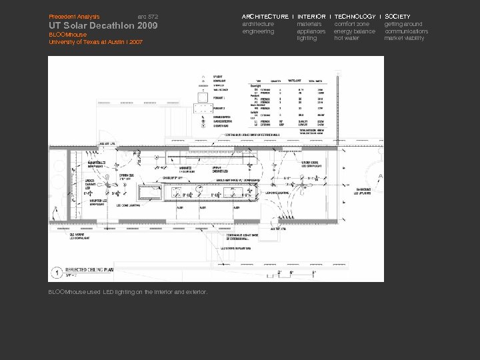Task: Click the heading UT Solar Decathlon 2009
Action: click(x=103, y=26)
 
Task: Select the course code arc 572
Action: click(x=148, y=16)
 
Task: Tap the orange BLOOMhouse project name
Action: click(x=67, y=35)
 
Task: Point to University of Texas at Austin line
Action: click(x=96, y=42)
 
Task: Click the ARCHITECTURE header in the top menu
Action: click(x=265, y=16)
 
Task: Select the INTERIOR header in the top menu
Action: click(x=311, y=16)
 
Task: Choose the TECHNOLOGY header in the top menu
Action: click(x=355, y=16)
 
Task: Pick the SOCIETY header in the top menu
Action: click(x=398, y=16)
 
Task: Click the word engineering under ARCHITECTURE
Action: click(x=258, y=31)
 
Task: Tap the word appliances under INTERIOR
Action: click(x=311, y=31)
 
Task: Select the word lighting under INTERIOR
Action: click(x=307, y=39)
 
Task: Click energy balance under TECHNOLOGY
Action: click(x=355, y=31)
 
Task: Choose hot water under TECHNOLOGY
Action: click(x=347, y=39)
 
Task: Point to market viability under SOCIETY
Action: click(x=404, y=39)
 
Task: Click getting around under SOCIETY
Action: click(x=403, y=24)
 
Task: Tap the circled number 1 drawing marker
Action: click(x=58, y=273)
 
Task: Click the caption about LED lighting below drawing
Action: click(x=128, y=292)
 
